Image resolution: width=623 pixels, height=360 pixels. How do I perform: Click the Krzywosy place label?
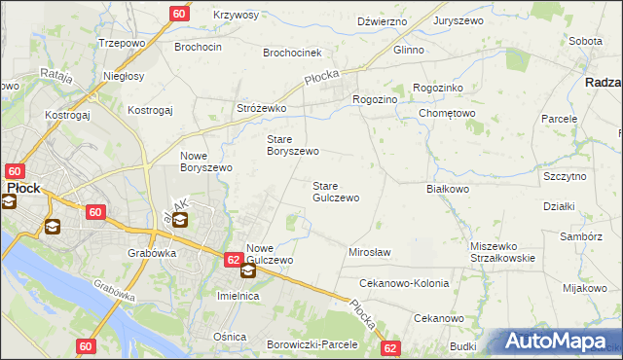[x=235, y=16]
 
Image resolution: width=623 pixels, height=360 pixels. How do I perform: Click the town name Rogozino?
[x=375, y=98]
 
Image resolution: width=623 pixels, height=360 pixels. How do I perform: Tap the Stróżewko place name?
[x=261, y=109]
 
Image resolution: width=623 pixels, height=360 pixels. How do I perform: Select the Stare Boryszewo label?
[x=293, y=145]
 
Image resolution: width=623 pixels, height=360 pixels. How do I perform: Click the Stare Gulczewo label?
[x=335, y=191]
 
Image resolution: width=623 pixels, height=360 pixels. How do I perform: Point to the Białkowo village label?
[x=448, y=190]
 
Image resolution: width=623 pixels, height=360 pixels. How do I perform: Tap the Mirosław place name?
[x=369, y=252]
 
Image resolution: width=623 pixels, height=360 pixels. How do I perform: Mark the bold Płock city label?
[x=23, y=189]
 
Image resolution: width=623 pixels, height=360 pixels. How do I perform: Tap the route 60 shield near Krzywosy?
[x=178, y=14]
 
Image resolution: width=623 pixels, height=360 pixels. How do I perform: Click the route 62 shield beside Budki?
[x=391, y=346]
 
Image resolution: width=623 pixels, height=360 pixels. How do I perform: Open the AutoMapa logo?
[x=560, y=342]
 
